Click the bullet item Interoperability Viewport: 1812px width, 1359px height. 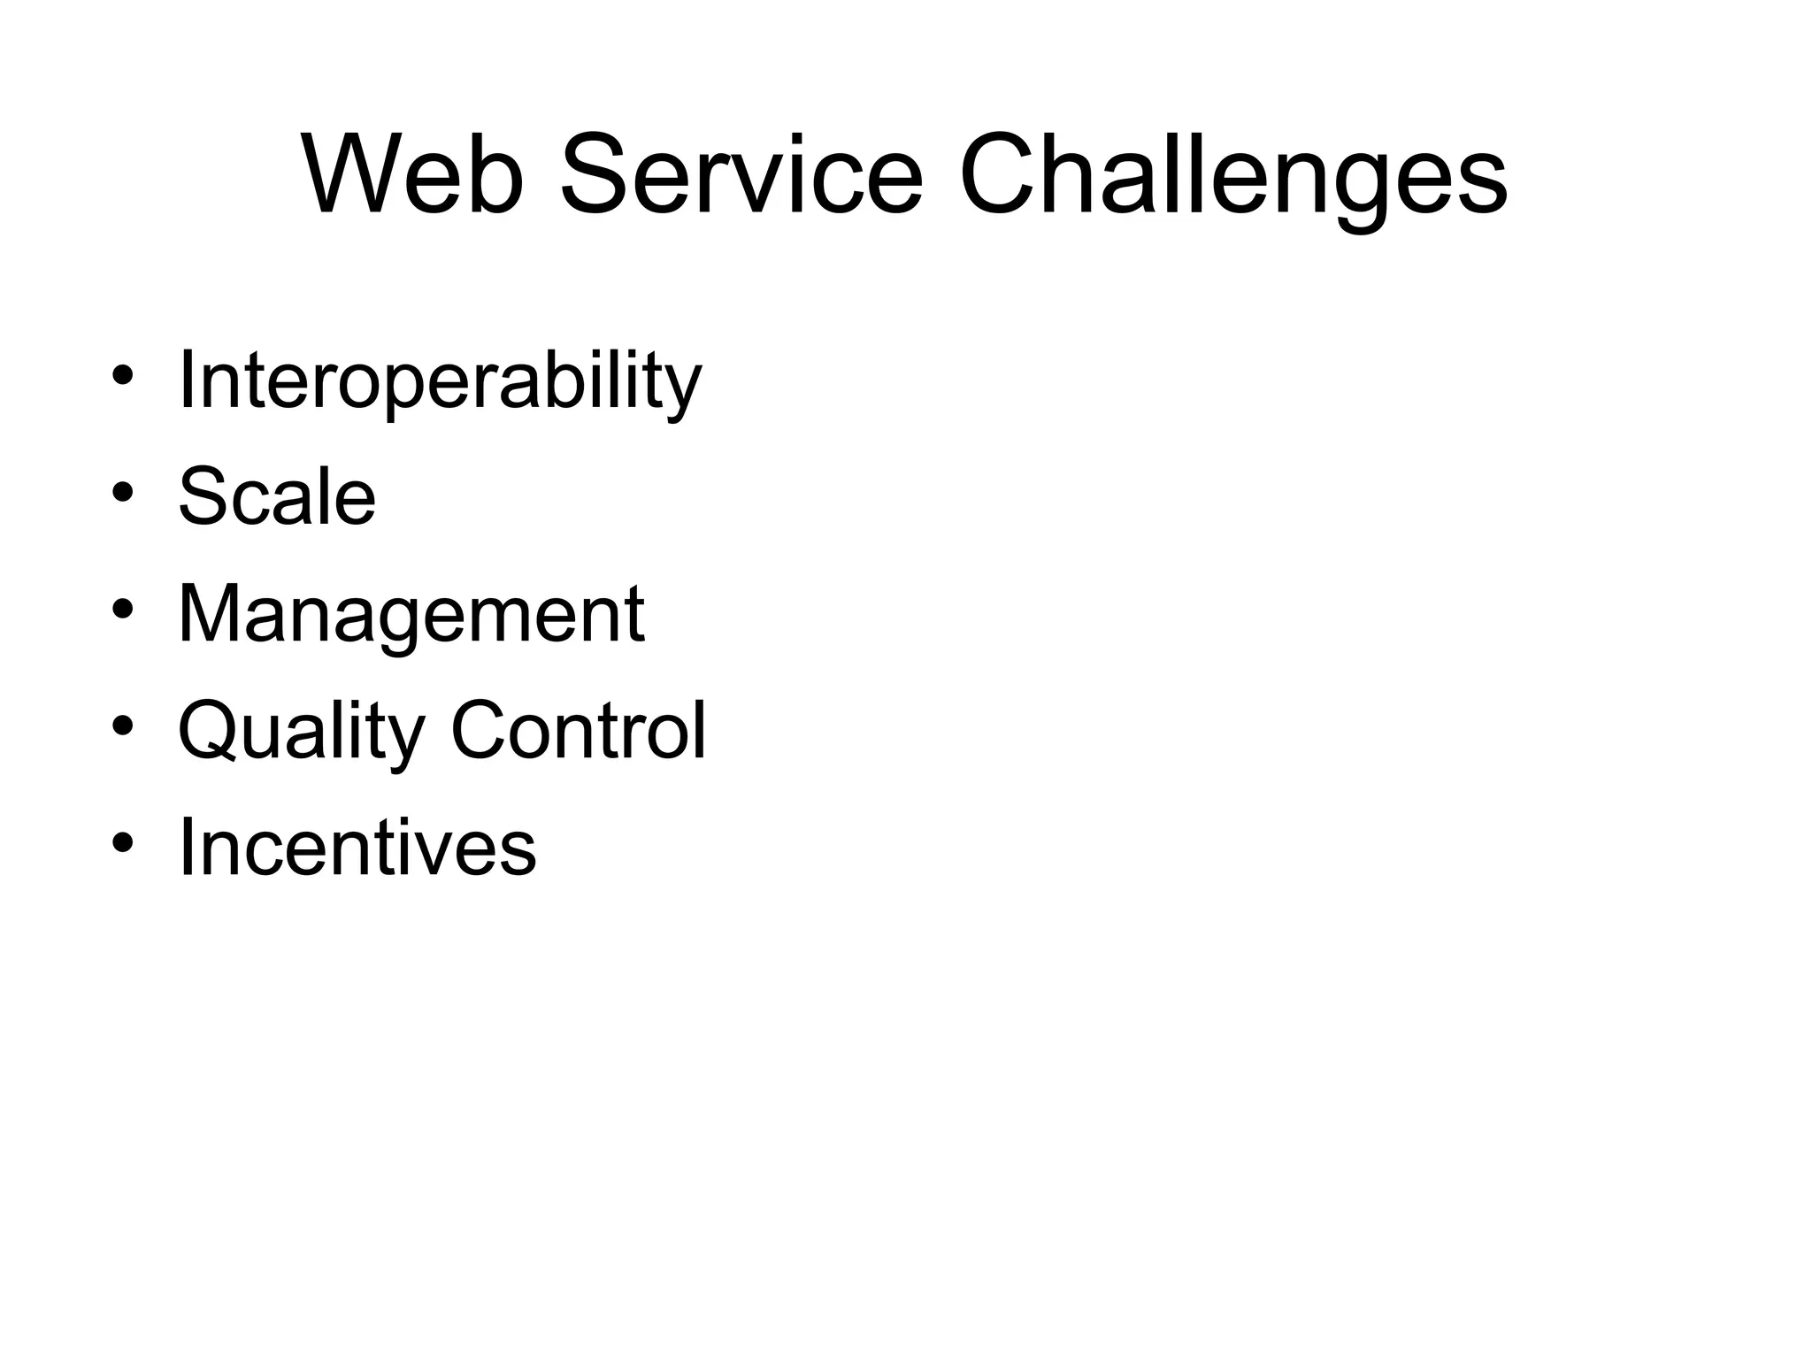coord(440,381)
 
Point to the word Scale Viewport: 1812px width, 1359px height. coord(277,497)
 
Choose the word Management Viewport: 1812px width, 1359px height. coord(411,615)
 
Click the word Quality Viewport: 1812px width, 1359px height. coord(302,733)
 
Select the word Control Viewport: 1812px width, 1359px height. coord(579,731)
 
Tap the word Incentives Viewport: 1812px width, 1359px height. coord(357,848)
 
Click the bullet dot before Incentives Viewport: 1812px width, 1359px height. coord(123,842)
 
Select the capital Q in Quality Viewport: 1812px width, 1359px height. coord(209,731)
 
